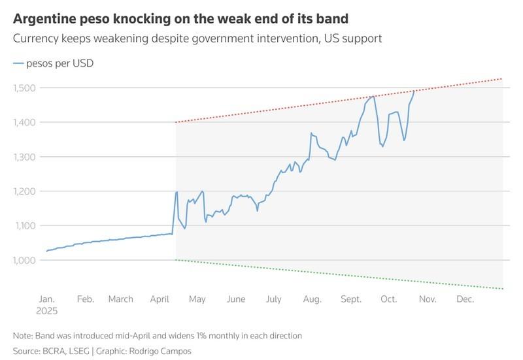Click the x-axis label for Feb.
point(86,299)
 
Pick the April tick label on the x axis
point(161,299)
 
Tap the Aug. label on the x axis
point(312,299)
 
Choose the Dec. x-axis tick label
point(465,299)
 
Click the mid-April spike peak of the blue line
point(177,192)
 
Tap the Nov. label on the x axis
point(427,299)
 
